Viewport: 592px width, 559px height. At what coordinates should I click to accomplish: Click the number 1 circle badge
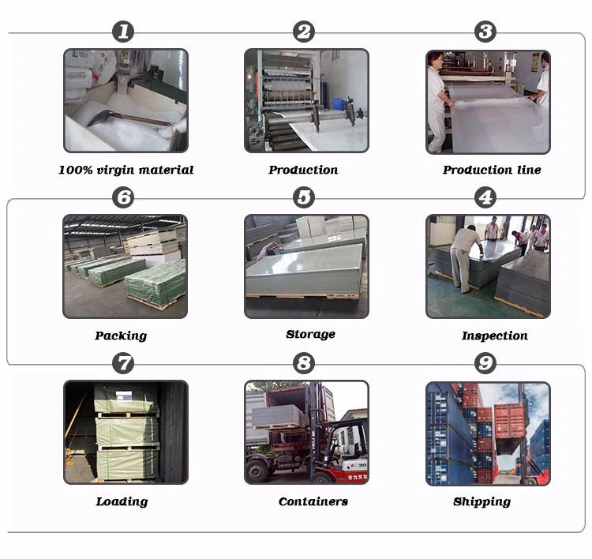123,32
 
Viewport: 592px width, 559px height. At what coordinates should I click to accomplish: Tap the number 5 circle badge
304,197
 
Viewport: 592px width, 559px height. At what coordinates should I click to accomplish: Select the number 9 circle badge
485,363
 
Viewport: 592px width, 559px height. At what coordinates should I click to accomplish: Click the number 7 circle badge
123,363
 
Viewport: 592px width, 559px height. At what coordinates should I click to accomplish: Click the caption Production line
492,170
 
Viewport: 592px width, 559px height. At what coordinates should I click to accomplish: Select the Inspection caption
495,336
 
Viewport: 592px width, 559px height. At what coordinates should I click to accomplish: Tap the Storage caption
310,334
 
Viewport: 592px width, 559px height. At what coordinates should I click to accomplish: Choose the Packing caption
121,336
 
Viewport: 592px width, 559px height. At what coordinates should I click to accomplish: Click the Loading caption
122,501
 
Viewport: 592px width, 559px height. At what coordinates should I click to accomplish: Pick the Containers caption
313,501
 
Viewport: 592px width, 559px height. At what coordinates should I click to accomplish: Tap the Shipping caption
481,501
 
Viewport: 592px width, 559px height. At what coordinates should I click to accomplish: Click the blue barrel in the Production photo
338,103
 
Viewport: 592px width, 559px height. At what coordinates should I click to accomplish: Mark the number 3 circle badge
485,32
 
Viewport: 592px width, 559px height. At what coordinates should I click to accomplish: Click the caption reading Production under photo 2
303,170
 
